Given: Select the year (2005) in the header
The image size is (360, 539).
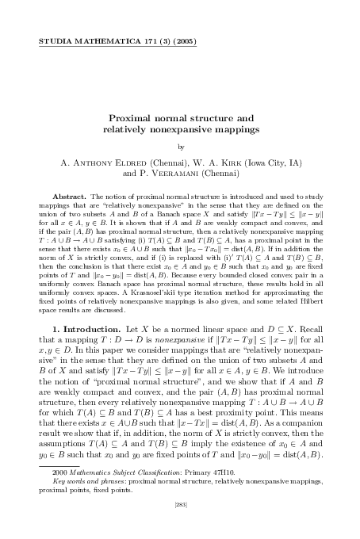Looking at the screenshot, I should coord(182,39).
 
